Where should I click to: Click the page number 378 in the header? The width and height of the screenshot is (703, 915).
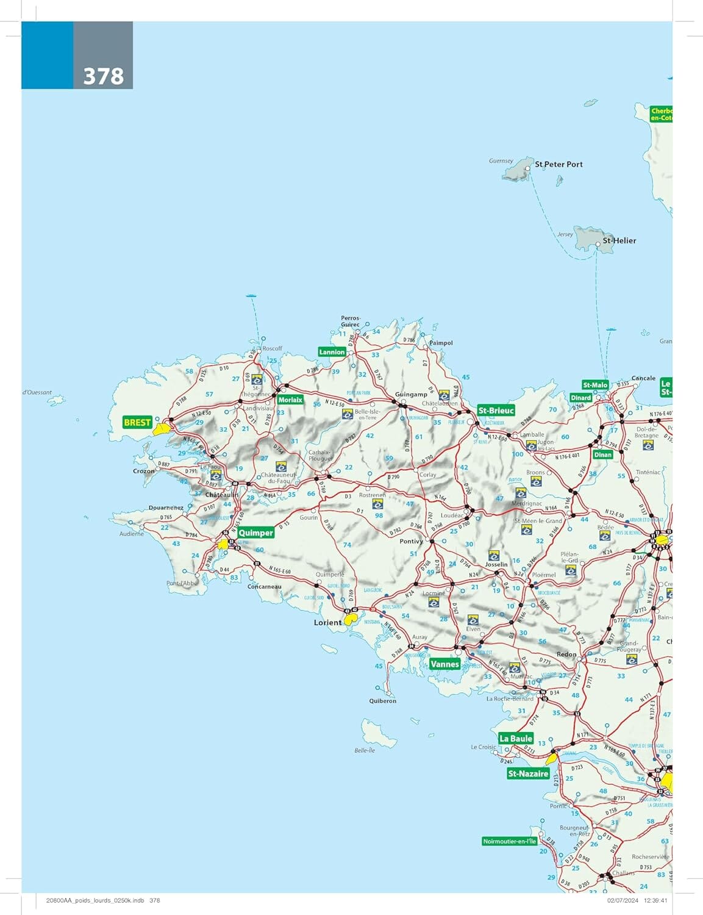point(103,76)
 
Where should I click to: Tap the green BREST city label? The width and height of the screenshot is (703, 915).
point(137,422)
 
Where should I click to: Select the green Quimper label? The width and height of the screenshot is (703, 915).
point(255,533)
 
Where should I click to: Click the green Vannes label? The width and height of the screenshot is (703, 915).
point(444,664)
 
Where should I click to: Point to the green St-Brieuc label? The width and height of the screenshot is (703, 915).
point(496,411)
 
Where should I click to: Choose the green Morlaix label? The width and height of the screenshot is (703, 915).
point(290,400)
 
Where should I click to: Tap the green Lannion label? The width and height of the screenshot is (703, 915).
point(332,352)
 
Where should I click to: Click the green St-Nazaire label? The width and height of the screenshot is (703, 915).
point(528,774)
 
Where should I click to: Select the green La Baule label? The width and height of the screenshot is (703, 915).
point(516,738)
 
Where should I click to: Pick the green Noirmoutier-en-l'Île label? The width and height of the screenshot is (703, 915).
point(509,841)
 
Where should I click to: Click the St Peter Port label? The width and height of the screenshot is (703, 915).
point(558,164)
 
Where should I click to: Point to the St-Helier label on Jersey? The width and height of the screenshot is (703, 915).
point(619,240)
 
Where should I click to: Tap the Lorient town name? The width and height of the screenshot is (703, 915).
point(327,622)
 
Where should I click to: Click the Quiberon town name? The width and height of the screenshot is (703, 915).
point(382,701)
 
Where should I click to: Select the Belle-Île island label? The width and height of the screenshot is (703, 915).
point(365,750)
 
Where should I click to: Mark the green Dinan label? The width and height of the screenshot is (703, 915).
point(602,454)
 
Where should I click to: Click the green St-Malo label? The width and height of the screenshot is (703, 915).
point(595,385)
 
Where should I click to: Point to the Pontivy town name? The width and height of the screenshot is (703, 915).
point(411,541)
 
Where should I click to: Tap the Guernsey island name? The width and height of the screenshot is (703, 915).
point(501,161)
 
